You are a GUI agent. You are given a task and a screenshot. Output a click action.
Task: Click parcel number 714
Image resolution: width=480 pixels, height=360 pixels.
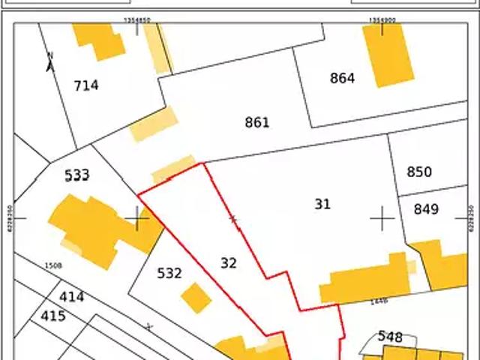click(x=86, y=85)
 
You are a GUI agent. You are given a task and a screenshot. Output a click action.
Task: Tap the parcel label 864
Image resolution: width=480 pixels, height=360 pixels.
click(x=342, y=78)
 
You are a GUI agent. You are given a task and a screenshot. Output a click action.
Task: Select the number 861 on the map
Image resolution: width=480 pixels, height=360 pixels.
click(x=256, y=122)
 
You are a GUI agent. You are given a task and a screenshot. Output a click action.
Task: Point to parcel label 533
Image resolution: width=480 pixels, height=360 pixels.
click(x=76, y=175)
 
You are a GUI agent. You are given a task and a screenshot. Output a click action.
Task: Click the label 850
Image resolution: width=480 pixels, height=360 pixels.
click(x=418, y=172)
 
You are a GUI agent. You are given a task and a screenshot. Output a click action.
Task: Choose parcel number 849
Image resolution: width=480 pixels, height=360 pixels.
click(x=425, y=209)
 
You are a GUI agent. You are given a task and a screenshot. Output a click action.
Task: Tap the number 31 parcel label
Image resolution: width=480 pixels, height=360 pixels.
click(x=322, y=203)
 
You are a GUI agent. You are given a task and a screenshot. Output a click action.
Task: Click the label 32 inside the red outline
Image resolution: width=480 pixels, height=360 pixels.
click(x=229, y=262)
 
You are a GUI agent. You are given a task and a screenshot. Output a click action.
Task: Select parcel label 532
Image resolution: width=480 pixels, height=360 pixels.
click(x=169, y=273)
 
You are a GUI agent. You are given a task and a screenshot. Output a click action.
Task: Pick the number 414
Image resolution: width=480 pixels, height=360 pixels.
click(x=71, y=297)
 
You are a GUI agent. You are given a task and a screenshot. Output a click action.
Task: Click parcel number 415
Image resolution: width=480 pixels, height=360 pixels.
click(x=52, y=316)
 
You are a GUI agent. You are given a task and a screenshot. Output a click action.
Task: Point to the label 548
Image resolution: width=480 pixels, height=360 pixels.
click(x=390, y=337)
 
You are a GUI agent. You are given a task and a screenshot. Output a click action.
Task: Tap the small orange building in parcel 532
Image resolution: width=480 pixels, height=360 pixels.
click(x=196, y=298)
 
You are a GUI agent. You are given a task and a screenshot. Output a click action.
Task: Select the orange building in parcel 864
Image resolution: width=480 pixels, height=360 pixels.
click(x=388, y=54)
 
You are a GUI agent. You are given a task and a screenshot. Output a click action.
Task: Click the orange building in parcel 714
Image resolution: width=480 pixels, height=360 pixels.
click(x=99, y=41)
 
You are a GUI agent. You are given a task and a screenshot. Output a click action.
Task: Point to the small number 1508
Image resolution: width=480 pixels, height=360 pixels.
click(x=52, y=265)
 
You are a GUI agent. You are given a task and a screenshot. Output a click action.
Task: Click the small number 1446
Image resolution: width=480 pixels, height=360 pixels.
click(x=379, y=301)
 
